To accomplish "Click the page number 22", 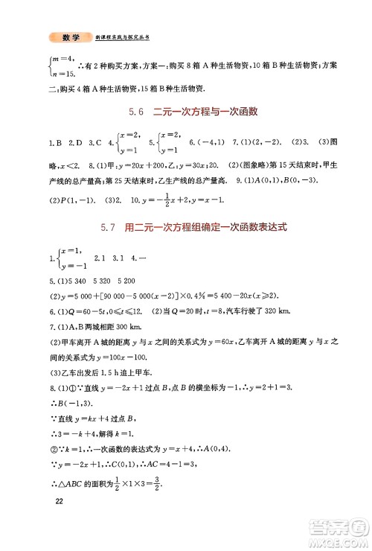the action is click(x=60, y=521).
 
